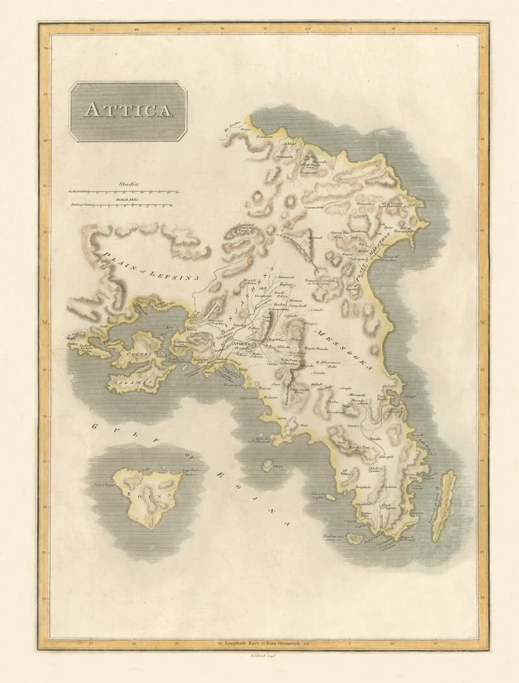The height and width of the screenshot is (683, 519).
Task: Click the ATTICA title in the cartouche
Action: [x=128, y=110]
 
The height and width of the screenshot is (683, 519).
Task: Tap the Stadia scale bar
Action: [x=123, y=192]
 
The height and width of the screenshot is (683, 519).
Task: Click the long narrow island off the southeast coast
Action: [x=444, y=506]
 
